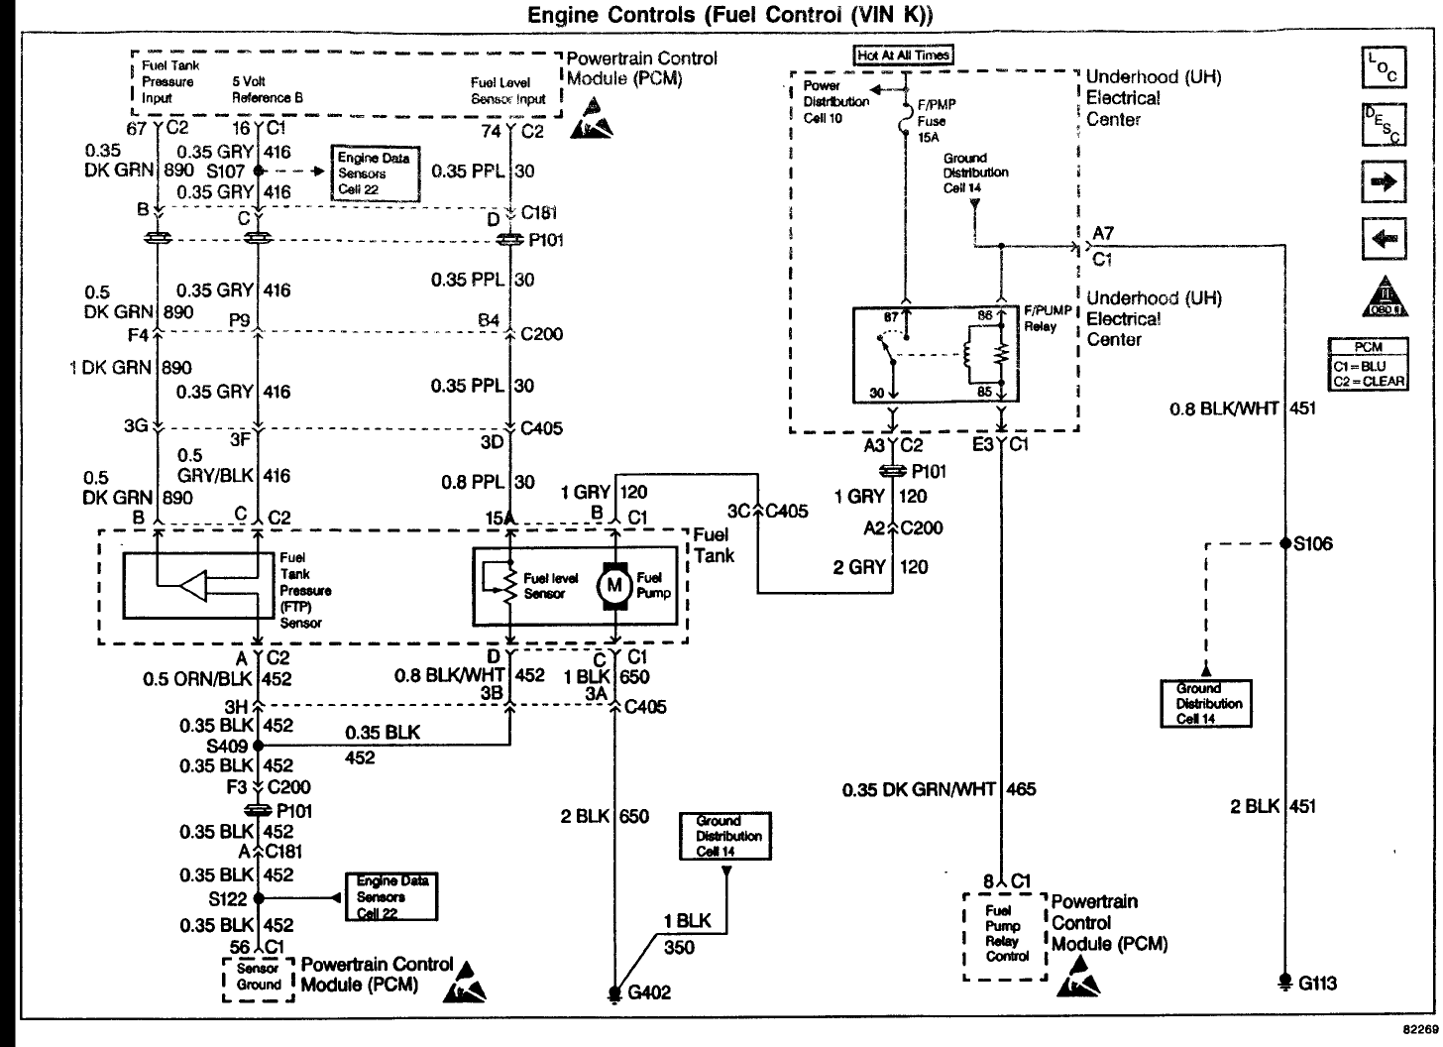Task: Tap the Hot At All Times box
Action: coord(903,56)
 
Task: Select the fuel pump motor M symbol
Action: coord(613,585)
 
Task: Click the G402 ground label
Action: coord(649,992)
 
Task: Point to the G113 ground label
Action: coord(1317,984)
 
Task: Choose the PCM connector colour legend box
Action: coord(1368,365)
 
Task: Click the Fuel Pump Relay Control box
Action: coord(1003,935)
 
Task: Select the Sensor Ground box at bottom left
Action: coord(259,978)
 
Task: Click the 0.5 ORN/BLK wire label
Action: coord(198,679)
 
